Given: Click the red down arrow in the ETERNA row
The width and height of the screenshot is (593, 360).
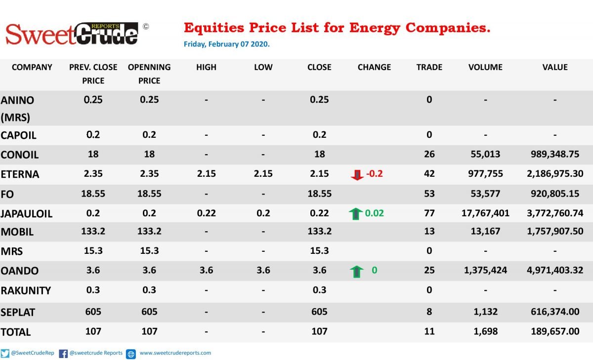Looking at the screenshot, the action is [x=357, y=175].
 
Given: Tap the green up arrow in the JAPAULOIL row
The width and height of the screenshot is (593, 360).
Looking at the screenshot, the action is [x=355, y=214].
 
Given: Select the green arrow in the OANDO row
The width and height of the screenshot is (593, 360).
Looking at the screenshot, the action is [x=357, y=272].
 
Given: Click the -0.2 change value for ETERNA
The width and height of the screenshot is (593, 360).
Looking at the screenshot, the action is [x=375, y=174].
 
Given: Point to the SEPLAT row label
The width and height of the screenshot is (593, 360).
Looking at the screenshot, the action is [x=18, y=313].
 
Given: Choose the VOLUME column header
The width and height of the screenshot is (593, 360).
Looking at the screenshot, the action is [x=485, y=67].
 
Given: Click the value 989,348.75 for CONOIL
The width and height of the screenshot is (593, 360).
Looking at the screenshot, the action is [x=555, y=154].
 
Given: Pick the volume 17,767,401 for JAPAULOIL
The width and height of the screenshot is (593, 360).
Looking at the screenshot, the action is [x=485, y=213].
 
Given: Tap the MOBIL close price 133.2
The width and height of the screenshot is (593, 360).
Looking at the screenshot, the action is [x=319, y=231].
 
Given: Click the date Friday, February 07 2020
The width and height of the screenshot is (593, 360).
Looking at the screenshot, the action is [x=227, y=44].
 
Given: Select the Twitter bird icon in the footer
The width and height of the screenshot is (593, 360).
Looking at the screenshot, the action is [x=5, y=354].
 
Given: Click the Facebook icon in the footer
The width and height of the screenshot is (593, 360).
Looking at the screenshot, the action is [x=63, y=354].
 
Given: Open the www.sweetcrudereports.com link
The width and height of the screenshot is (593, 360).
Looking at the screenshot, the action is [x=175, y=353].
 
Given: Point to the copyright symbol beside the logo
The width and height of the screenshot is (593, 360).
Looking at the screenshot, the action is [x=146, y=27].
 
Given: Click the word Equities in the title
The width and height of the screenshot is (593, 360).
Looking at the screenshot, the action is [x=214, y=28].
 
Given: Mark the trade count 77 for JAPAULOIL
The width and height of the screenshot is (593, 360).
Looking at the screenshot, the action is [x=429, y=213].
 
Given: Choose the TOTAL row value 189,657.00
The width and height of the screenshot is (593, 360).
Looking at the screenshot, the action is [x=555, y=331].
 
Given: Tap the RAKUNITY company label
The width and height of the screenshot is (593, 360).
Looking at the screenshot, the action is [x=26, y=291].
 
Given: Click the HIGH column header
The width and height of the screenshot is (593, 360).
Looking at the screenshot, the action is [x=206, y=67].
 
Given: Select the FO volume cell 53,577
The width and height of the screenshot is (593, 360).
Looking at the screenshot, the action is [x=485, y=194].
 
